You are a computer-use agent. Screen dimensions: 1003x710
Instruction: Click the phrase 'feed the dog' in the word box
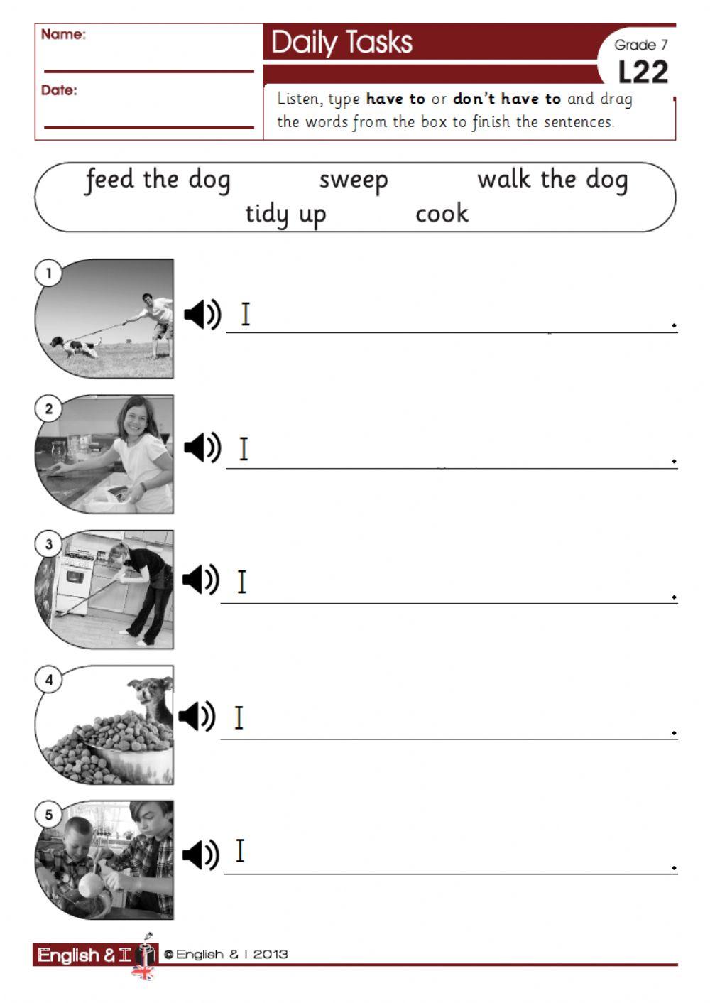(x=158, y=180)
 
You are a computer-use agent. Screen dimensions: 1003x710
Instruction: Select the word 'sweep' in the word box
(x=354, y=180)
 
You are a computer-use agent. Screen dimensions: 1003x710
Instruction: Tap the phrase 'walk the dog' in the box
(x=552, y=180)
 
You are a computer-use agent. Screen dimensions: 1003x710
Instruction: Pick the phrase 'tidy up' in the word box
(x=285, y=214)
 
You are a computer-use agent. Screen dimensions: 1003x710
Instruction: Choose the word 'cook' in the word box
(x=442, y=213)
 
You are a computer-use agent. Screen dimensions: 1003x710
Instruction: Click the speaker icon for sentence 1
(x=202, y=314)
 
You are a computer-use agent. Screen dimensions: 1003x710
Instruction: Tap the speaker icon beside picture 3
(x=201, y=580)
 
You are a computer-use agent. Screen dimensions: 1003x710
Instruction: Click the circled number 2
(x=48, y=408)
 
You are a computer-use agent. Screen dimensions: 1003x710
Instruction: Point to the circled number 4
(x=48, y=680)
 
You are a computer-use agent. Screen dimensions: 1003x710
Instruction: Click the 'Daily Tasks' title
(x=342, y=43)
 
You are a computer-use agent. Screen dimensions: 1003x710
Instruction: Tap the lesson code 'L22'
(x=643, y=72)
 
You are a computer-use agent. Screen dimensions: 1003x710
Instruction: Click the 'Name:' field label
(x=63, y=34)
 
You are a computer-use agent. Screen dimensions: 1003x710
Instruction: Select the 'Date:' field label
(x=59, y=90)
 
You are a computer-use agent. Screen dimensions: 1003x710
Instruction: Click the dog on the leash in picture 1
(x=75, y=347)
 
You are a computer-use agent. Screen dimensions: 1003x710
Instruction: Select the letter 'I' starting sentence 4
(x=239, y=717)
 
